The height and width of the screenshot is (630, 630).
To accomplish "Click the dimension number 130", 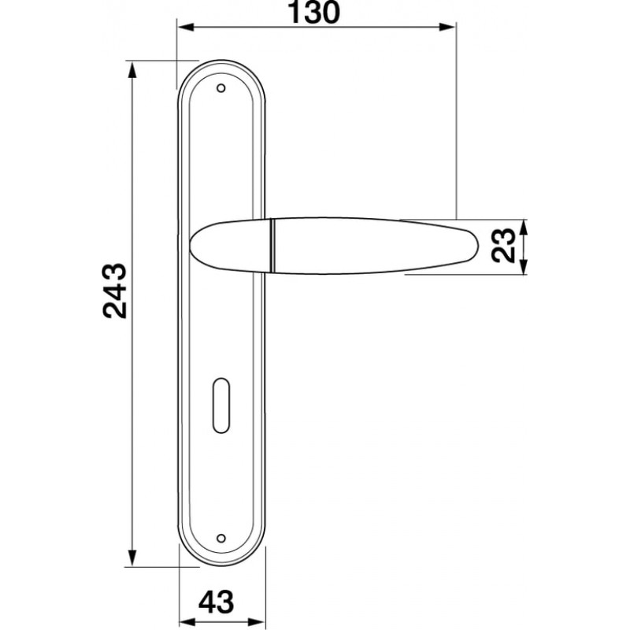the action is [314, 13].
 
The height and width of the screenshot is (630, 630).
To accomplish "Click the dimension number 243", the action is [115, 291].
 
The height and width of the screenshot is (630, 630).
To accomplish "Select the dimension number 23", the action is [503, 245].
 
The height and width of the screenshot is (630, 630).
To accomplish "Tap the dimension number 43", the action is [216, 602].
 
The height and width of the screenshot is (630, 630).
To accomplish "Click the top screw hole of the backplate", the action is [221, 88].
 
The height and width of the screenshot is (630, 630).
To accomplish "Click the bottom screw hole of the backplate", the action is [221, 538].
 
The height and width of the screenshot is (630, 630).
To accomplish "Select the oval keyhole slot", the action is [220, 406].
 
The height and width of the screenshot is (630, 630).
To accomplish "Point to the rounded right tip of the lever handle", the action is [478, 245].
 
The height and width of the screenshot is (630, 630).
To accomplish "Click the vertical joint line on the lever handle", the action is [272, 245].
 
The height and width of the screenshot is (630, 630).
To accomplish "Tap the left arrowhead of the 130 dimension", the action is [186, 28].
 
